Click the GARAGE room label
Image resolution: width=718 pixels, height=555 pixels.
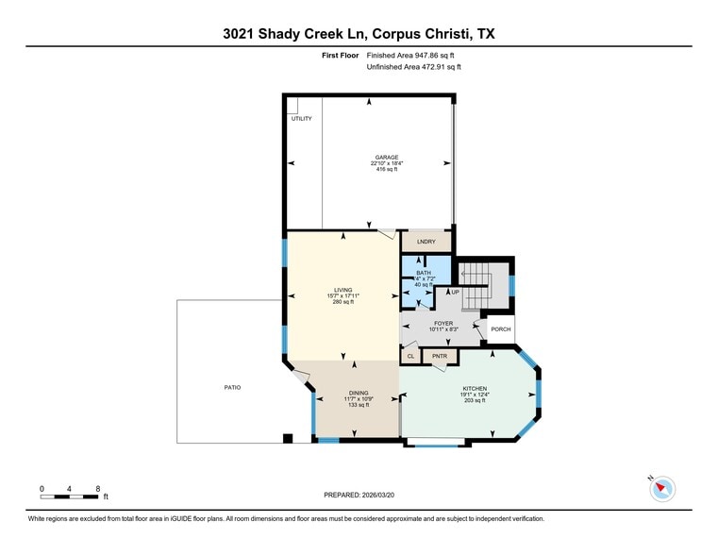[x=386, y=158]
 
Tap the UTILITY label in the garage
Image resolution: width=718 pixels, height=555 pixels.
[x=301, y=119]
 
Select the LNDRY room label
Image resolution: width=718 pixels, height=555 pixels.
[x=426, y=242]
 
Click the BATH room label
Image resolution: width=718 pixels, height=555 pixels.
[x=424, y=273]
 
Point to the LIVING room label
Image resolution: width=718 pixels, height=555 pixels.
[x=342, y=290]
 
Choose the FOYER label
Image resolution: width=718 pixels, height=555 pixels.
[x=443, y=323]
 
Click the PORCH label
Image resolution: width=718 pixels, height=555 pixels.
[x=500, y=329]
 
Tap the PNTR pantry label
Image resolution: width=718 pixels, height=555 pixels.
[x=440, y=357]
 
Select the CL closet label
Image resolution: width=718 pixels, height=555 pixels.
[x=410, y=357]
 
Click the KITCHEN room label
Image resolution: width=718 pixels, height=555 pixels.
[x=474, y=388]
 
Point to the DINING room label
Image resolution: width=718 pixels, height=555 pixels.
[x=358, y=393]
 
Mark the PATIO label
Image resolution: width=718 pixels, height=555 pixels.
[x=232, y=387]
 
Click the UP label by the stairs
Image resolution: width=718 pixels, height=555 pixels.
[x=455, y=292]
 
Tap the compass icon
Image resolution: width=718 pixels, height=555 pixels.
[x=663, y=488]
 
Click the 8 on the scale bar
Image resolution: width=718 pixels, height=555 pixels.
[x=98, y=488]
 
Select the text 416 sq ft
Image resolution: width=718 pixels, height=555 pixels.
[x=386, y=171]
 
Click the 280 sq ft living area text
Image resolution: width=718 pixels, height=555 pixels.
[x=342, y=302]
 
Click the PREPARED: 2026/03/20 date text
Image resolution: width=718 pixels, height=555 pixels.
[x=359, y=495]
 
